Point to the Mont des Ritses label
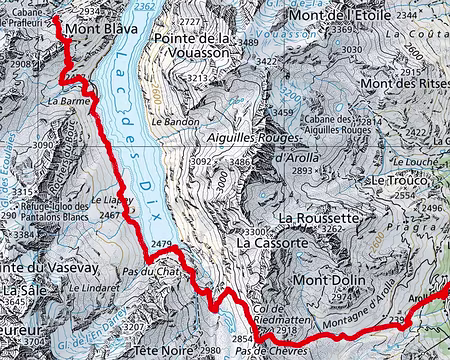[405, 83]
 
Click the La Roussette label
[319, 216]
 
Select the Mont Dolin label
[335, 282]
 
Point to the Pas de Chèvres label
[286, 350]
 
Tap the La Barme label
[63, 101]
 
